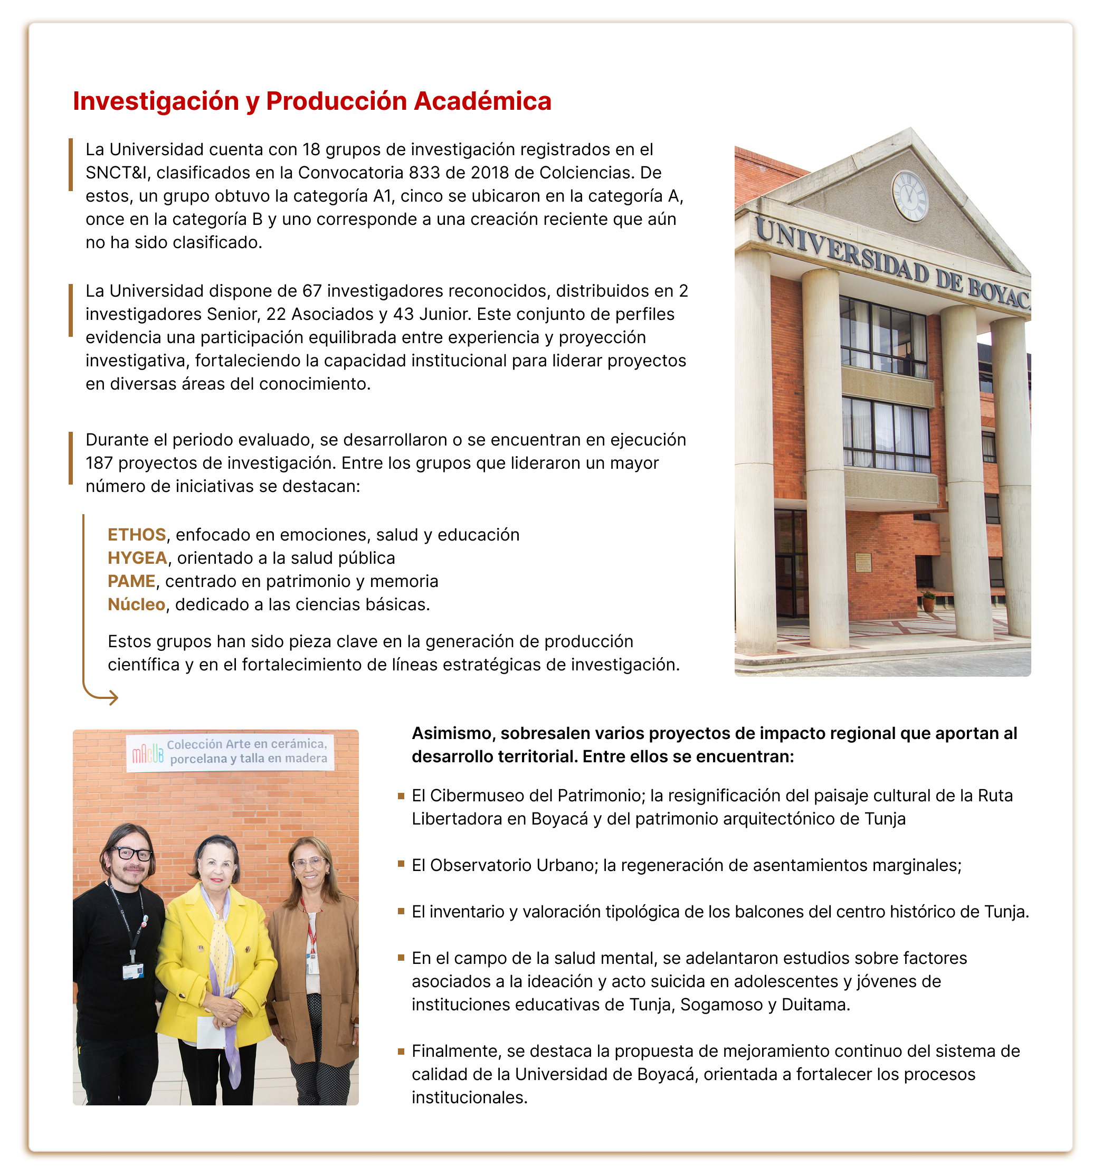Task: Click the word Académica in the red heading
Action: (x=482, y=101)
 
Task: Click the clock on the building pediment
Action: (x=909, y=195)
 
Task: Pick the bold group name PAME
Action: (x=131, y=581)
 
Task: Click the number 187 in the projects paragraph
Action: (x=99, y=463)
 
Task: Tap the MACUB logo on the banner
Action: (x=147, y=753)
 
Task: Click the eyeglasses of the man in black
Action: (x=131, y=854)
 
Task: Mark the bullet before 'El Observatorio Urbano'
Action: (x=401, y=865)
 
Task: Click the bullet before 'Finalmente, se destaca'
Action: (x=401, y=1050)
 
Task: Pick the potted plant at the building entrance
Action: (x=928, y=601)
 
